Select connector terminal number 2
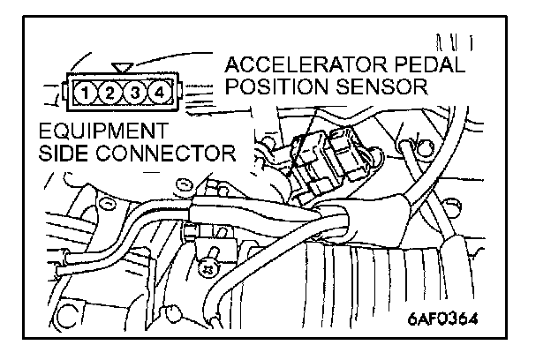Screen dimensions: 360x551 coord(106,90)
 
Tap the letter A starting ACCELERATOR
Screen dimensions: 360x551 coord(233,65)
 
